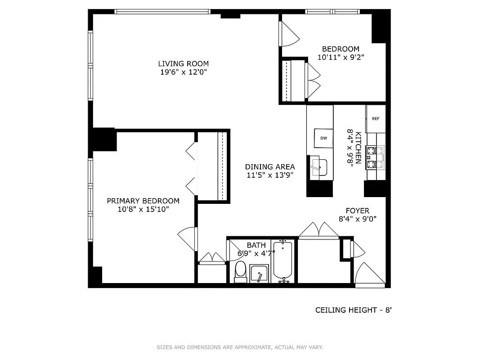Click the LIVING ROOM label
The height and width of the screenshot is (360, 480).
pyautogui.click(x=183, y=64)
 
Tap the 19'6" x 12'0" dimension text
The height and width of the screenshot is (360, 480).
pyautogui.click(x=183, y=72)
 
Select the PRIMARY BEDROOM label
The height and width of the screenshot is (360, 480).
pyautogui.click(x=143, y=201)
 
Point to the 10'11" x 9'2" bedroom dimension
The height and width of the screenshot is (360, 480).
pyautogui.click(x=341, y=57)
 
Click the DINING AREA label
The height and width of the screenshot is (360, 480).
pyautogui.click(x=270, y=167)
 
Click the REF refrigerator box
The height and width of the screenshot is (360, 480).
pyautogui.click(x=376, y=119)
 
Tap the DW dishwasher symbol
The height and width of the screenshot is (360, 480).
pyautogui.click(x=323, y=138)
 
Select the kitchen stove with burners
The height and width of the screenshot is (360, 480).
pyautogui.click(x=376, y=157)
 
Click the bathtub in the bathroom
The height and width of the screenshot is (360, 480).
pyautogui.click(x=283, y=261)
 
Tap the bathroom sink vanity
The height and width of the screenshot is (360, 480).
pyautogui.click(x=259, y=274)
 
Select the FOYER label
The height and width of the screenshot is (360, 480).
pyautogui.click(x=357, y=211)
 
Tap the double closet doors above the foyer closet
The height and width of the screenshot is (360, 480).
pyautogui.click(x=319, y=229)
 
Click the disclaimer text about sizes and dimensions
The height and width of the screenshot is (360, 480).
pyautogui.click(x=240, y=347)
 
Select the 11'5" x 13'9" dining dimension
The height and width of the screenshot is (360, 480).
pyautogui.click(x=270, y=175)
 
